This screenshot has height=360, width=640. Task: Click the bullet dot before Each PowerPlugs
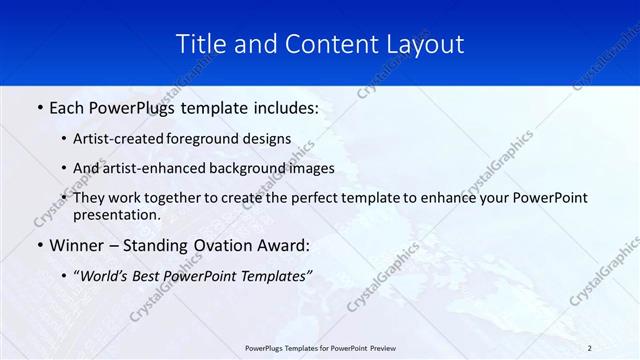[x=39, y=107]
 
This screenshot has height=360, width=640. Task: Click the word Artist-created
[x=121, y=139]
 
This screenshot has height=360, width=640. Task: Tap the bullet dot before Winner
[x=39, y=245]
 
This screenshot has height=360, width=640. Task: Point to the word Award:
[x=282, y=245]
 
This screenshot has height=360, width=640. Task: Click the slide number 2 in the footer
[x=590, y=347]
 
